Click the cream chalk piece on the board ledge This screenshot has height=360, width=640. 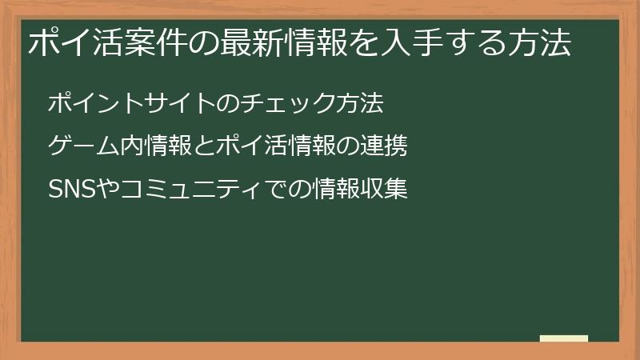(563, 338)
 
